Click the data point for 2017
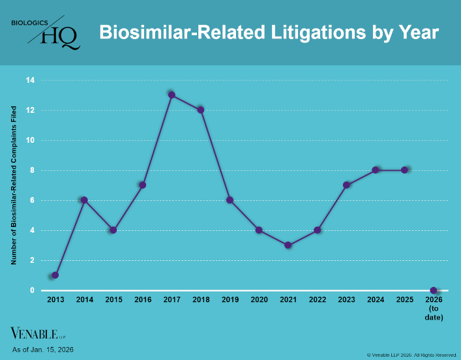[x=171, y=95]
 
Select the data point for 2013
[x=55, y=275]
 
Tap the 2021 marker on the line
[x=288, y=245]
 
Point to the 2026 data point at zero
[x=434, y=290]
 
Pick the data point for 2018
[x=201, y=110]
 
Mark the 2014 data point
[x=84, y=200]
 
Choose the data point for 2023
[x=346, y=185]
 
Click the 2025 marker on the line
[x=405, y=170]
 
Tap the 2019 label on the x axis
[x=230, y=300]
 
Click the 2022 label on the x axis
[x=317, y=300]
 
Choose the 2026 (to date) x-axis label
[x=434, y=308]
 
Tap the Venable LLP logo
[x=38, y=333]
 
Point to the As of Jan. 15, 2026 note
[x=42, y=350]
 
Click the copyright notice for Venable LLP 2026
[x=411, y=355]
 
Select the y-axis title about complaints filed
[x=14, y=184]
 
